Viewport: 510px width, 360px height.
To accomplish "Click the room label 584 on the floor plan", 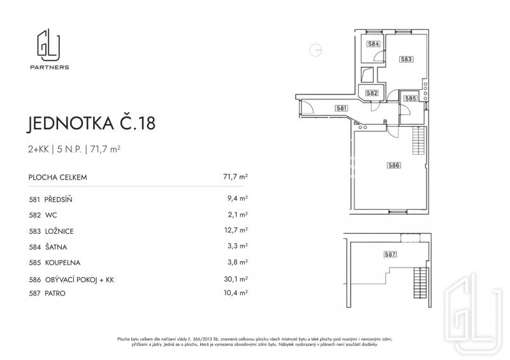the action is coord(374,43).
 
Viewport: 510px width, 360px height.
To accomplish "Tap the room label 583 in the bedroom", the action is coord(407,59).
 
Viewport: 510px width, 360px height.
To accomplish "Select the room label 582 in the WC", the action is coord(372,93).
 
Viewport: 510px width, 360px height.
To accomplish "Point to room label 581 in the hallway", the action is coord(342,108).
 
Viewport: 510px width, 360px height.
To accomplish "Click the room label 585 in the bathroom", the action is coord(411,98).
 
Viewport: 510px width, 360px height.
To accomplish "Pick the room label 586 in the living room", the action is coord(394,165).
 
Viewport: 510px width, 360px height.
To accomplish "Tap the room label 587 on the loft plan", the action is coord(390,254).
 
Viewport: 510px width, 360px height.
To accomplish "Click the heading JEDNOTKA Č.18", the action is coord(91,123).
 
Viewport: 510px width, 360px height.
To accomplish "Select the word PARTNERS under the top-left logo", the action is coord(50,68).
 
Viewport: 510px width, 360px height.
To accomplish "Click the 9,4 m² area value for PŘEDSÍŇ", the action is coord(237,198).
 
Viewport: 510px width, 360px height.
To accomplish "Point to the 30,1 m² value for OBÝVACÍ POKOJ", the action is coord(236,279).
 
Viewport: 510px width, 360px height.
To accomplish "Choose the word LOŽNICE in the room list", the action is coord(59,231).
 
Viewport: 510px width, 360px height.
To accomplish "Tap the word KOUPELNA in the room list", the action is coord(62,263).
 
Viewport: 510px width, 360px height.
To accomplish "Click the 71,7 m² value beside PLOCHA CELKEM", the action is coord(235,177).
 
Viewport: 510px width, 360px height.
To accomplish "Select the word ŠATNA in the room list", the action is coord(56,247).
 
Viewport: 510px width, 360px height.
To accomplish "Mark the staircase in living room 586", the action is coord(419,140).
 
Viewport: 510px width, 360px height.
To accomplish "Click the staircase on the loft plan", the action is coord(421,282).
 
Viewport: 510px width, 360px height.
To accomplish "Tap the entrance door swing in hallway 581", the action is coord(307,106).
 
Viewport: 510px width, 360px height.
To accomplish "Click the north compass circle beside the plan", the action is coord(316,50).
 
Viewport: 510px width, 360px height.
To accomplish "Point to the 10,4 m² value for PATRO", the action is coord(236,292).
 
